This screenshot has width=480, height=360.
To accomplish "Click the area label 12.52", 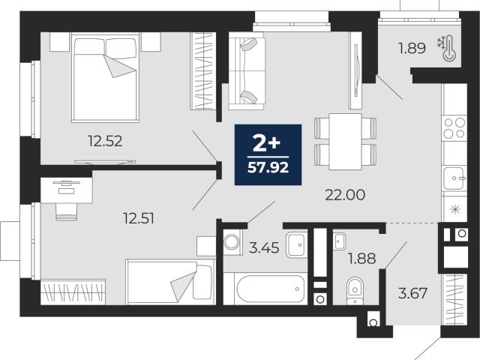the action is tap(105, 141).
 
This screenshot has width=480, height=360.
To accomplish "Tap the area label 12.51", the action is tap(138, 218).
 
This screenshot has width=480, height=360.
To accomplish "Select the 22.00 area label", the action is tap(345, 195).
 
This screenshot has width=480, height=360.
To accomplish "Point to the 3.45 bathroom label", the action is tap(264, 247).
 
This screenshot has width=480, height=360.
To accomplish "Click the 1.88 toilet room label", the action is tap(361, 259).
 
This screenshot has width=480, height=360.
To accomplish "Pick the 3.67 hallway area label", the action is tap(412, 293).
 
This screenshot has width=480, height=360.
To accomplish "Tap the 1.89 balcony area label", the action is tap(412, 48).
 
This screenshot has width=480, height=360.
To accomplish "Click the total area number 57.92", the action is tap(268, 168).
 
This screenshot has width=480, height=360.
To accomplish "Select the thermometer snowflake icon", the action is tap(447, 47).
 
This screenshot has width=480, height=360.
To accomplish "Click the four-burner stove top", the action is tap(454, 128).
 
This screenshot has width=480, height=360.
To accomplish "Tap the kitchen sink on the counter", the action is tap(454, 178).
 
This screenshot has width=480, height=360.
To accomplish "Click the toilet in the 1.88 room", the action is tap(355, 291).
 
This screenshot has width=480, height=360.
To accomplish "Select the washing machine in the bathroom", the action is tap(232, 242).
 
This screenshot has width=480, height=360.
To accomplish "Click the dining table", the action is tap(345, 142).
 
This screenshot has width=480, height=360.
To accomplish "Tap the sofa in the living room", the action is tap(247, 70).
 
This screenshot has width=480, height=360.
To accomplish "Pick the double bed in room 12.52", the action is tap(105, 77).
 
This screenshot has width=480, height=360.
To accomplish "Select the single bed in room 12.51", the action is tap(170, 282).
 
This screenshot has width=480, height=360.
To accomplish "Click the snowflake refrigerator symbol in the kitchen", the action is tap(455, 209).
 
